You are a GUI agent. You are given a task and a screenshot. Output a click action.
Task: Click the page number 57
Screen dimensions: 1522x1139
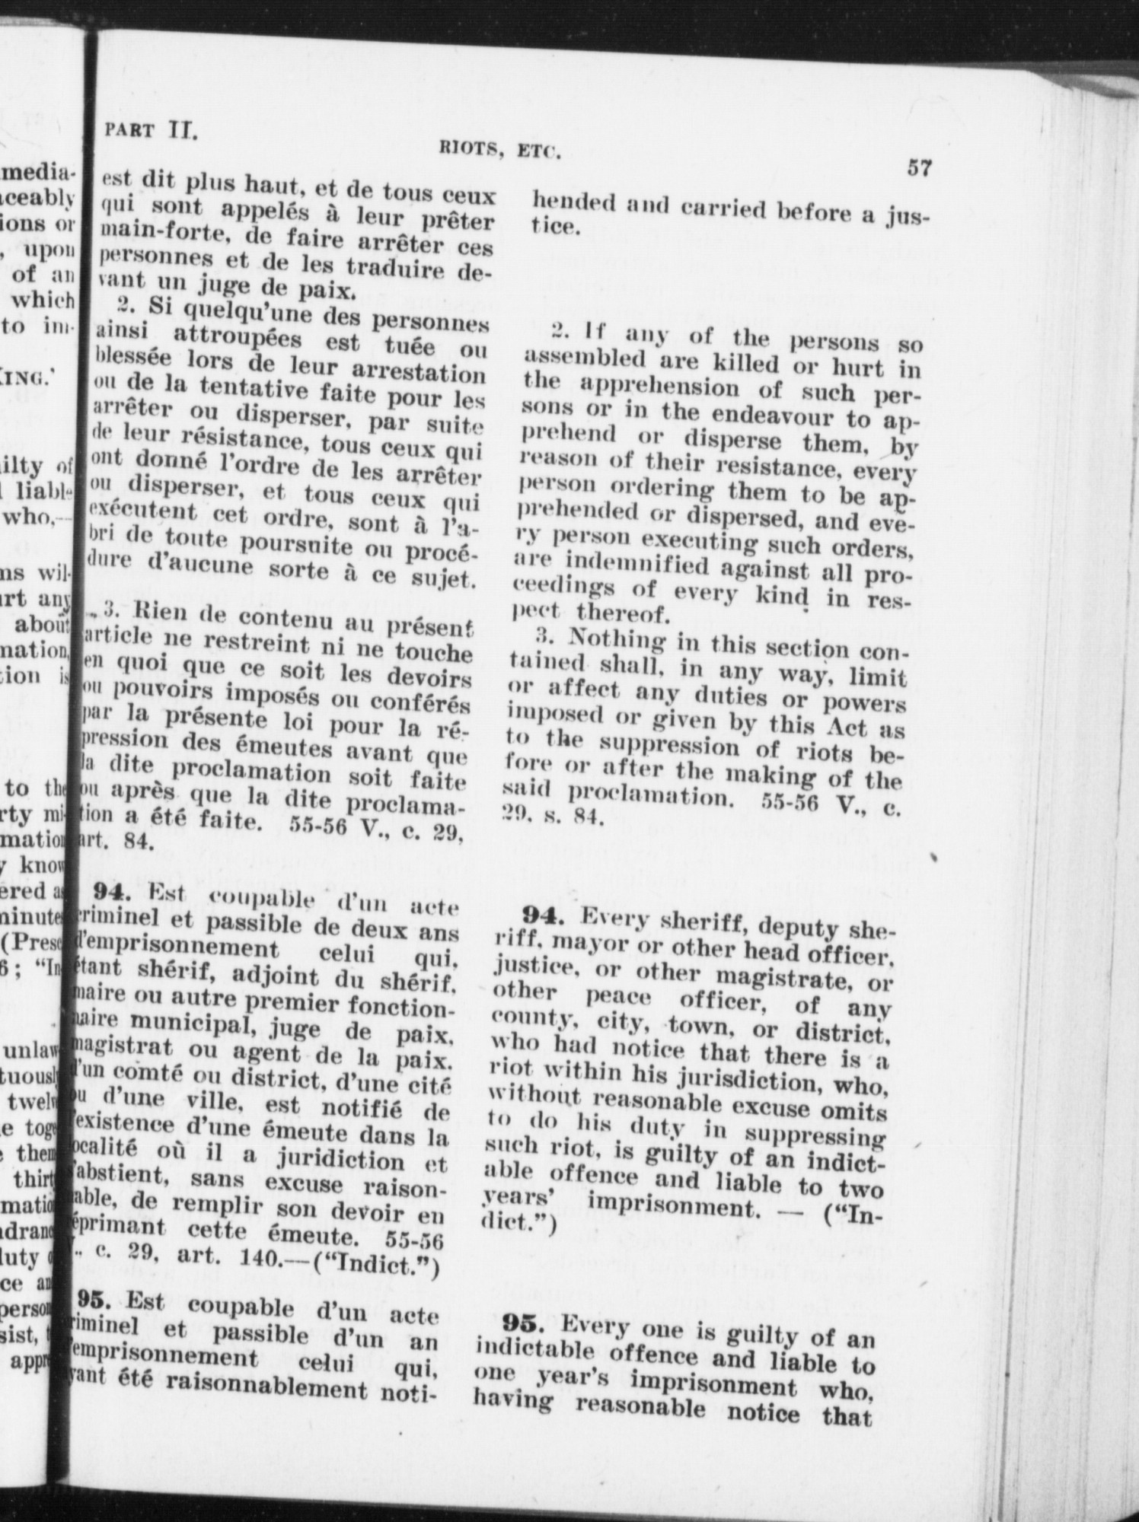point(919,167)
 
